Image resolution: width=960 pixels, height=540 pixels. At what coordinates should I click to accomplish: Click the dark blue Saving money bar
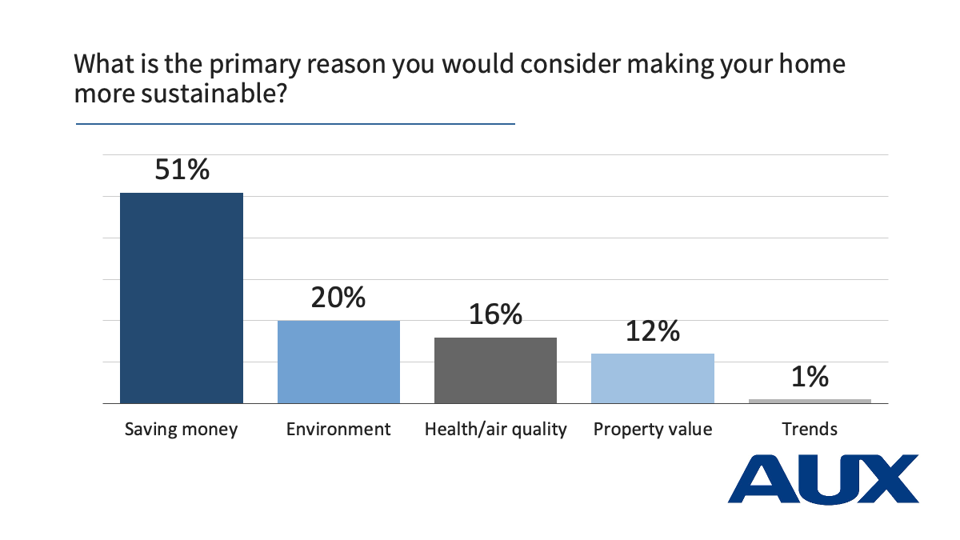pyautogui.click(x=181, y=298)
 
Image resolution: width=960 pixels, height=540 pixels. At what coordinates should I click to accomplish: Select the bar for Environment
pyautogui.click(x=338, y=362)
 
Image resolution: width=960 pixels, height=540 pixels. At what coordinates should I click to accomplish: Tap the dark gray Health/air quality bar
pyautogui.click(x=495, y=370)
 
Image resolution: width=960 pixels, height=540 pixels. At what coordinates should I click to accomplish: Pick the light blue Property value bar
pyautogui.click(x=652, y=378)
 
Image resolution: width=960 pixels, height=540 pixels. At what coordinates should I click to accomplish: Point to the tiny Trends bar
pyautogui.click(x=810, y=401)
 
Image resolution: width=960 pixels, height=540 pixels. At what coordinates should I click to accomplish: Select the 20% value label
pyautogui.click(x=338, y=298)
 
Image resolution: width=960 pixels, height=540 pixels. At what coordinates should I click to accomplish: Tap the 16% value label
pyautogui.click(x=495, y=314)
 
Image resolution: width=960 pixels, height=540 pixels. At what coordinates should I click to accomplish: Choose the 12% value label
pyautogui.click(x=652, y=330)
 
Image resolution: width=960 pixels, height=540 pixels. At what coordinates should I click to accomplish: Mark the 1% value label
pyautogui.click(x=810, y=376)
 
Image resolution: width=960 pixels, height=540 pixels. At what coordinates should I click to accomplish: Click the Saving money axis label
pyautogui.click(x=181, y=430)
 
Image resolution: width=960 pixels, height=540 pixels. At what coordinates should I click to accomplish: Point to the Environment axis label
pyautogui.click(x=338, y=429)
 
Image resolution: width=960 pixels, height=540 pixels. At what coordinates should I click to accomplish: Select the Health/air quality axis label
pyautogui.click(x=495, y=430)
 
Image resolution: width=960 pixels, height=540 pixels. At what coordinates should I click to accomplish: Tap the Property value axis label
pyautogui.click(x=652, y=430)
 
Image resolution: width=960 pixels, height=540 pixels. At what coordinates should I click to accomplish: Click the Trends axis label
pyautogui.click(x=810, y=429)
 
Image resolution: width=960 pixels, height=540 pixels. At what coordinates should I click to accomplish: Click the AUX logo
pyautogui.click(x=823, y=478)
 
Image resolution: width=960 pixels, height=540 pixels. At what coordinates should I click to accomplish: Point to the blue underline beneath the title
pyautogui.click(x=295, y=124)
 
